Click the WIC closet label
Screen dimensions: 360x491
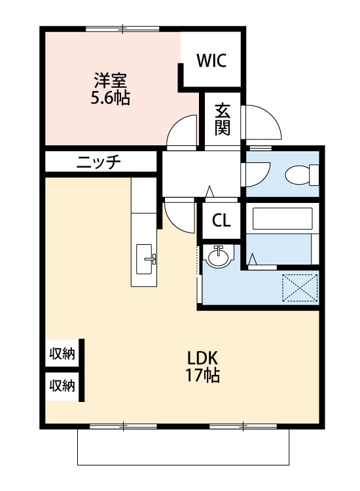[211, 60]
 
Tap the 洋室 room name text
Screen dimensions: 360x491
[110, 81]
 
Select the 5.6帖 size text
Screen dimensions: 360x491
[110, 98]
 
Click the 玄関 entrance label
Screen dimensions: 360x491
[223, 119]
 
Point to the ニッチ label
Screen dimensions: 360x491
[99, 162]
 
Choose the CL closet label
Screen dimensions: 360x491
[221, 221]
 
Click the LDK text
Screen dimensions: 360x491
[202, 358]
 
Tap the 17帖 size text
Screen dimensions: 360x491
[202, 375]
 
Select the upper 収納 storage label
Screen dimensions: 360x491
[62, 354]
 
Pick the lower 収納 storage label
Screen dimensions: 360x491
[62, 386]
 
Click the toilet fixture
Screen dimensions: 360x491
[302, 175]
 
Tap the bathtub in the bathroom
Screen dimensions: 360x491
[282, 219]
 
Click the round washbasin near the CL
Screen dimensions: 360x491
[219, 256]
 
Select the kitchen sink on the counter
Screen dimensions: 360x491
[145, 259]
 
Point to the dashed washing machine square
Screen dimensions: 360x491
[300, 288]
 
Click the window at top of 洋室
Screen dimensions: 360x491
[122, 29]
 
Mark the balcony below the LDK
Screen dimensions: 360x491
[183, 447]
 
